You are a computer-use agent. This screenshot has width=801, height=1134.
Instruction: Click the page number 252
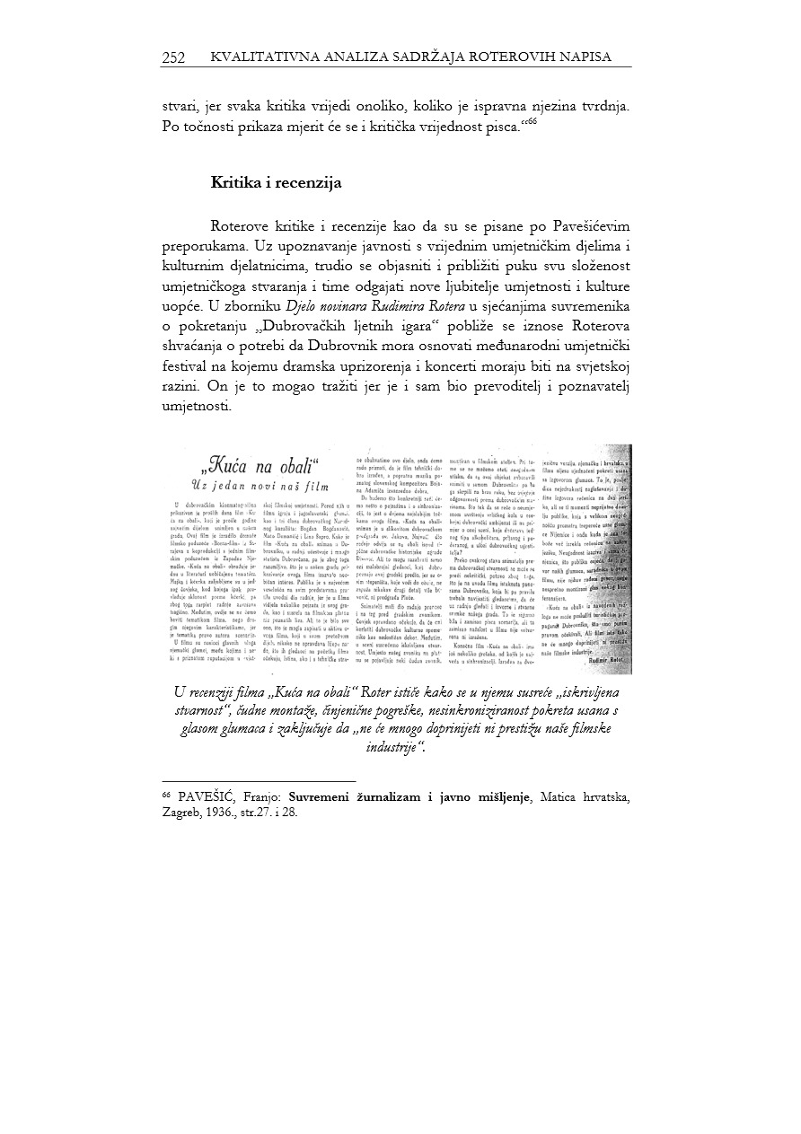173,57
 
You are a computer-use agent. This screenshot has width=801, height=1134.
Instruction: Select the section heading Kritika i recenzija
277,183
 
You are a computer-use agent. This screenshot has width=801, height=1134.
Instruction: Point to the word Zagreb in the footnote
182,811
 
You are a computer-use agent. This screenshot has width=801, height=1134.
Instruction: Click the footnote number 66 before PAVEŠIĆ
166,794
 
